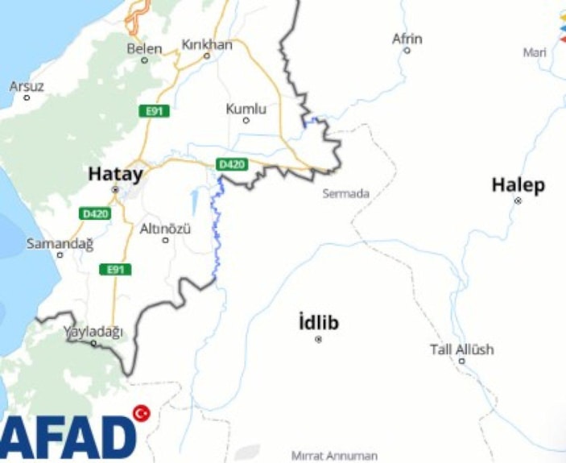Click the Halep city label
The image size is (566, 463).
518,185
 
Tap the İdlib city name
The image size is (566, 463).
318,324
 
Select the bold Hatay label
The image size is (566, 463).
115,173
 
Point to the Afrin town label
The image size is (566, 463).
407,39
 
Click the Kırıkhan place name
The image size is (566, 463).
207,44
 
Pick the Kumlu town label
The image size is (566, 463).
246,108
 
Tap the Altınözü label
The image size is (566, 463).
165,229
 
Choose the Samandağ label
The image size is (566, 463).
60,242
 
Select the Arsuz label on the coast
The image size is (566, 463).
27,86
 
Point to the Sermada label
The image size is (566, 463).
345,193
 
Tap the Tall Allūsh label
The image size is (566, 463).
461,349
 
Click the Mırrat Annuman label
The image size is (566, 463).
334,456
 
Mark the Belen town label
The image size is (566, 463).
144,48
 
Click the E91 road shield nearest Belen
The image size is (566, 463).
153,111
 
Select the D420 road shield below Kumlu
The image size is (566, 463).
232,165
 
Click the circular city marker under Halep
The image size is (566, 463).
518,200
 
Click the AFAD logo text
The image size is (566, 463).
68,437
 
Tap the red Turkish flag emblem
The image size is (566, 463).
142,413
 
